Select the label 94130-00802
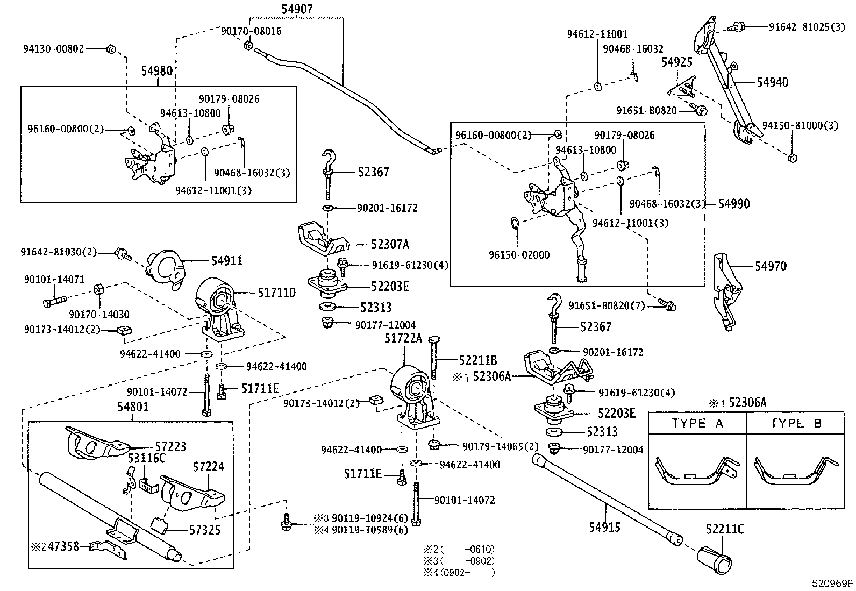coord(53,49)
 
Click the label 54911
coord(226,261)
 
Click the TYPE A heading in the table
coord(697,424)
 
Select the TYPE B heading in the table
coord(796,424)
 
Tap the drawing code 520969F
coord(833,583)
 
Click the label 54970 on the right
coord(771,266)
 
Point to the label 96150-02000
coord(519,255)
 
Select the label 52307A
coord(390,245)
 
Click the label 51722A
coord(403,338)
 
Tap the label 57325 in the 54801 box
coord(205,530)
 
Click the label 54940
coord(772,82)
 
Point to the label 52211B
coord(478,360)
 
